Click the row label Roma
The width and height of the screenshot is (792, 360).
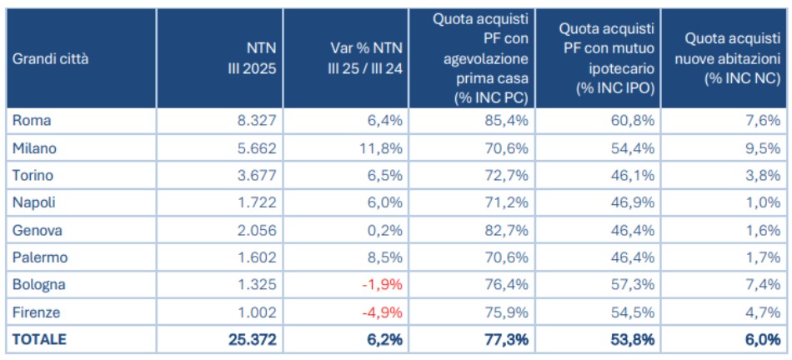pos(32,120)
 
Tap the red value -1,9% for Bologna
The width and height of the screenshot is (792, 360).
pos(383,284)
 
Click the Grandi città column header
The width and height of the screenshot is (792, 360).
pos(50,58)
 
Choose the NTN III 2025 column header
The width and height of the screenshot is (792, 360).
pos(252,58)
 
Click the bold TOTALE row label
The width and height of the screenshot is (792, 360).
pos(39,339)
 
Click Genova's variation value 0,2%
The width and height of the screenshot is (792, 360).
pos(386,230)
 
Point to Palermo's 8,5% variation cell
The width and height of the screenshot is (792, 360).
pos(386,257)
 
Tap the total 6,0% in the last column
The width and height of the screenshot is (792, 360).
pos(761,339)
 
